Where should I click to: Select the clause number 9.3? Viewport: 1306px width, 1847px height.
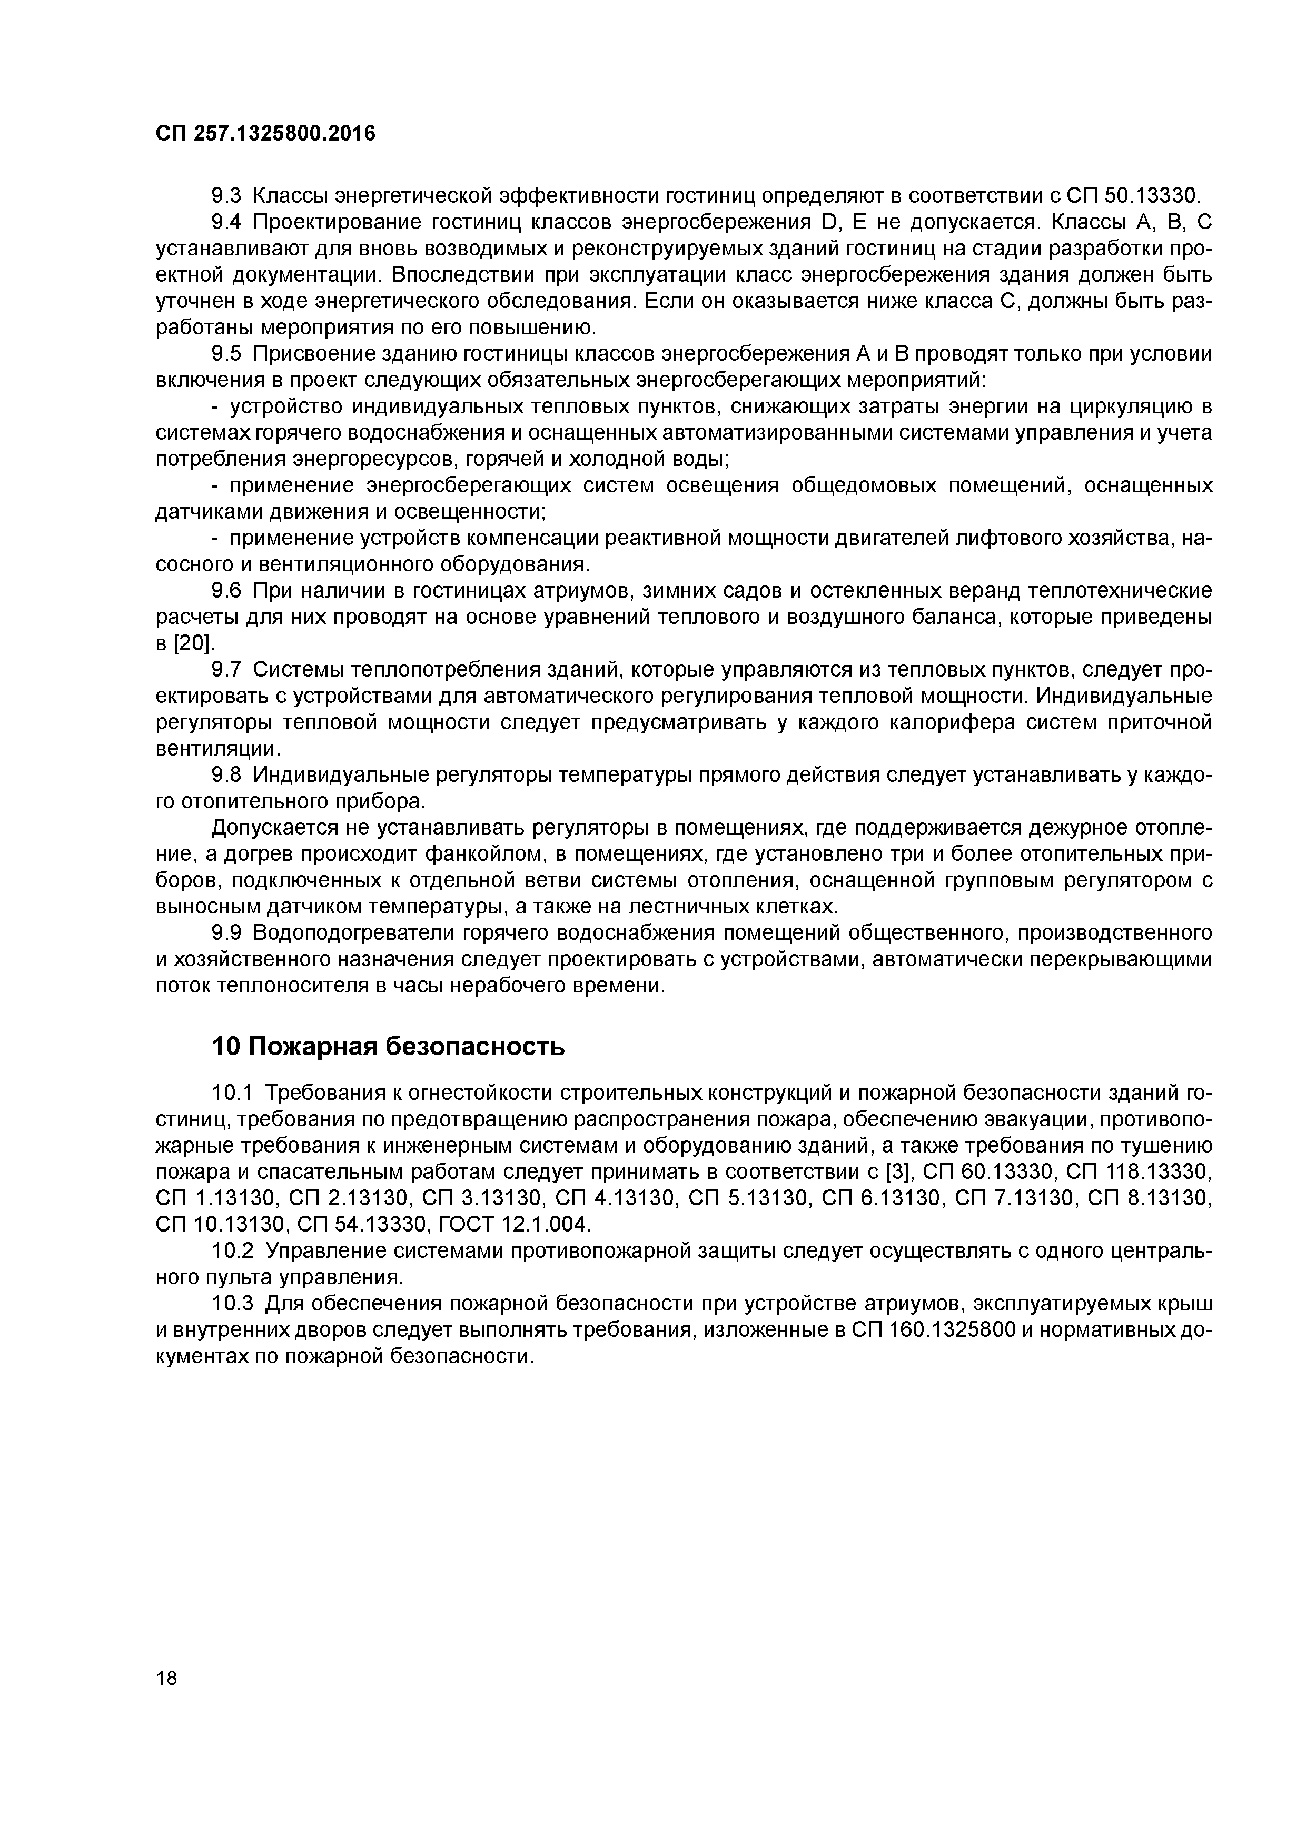227,195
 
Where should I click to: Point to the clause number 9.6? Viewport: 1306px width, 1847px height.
227,591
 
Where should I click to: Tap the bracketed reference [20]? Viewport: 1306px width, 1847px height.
194,643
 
